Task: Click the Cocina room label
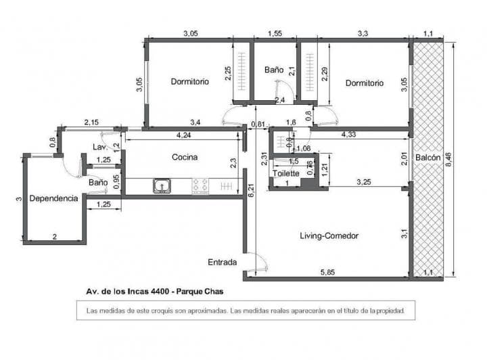click(185, 157)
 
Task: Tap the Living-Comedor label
click(329, 236)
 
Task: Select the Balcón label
click(428, 157)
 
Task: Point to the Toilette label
click(286, 174)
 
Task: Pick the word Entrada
click(223, 261)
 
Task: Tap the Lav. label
click(98, 147)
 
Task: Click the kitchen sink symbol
click(162, 185)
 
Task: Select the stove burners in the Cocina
click(200, 185)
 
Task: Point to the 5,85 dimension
click(327, 272)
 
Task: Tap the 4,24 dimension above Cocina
click(183, 135)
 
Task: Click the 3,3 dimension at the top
click(363, 32)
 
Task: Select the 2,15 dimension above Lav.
click(91, 122)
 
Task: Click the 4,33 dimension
click(349, 135)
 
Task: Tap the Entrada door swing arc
click(256, 261)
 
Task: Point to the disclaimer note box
click(245, 311)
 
